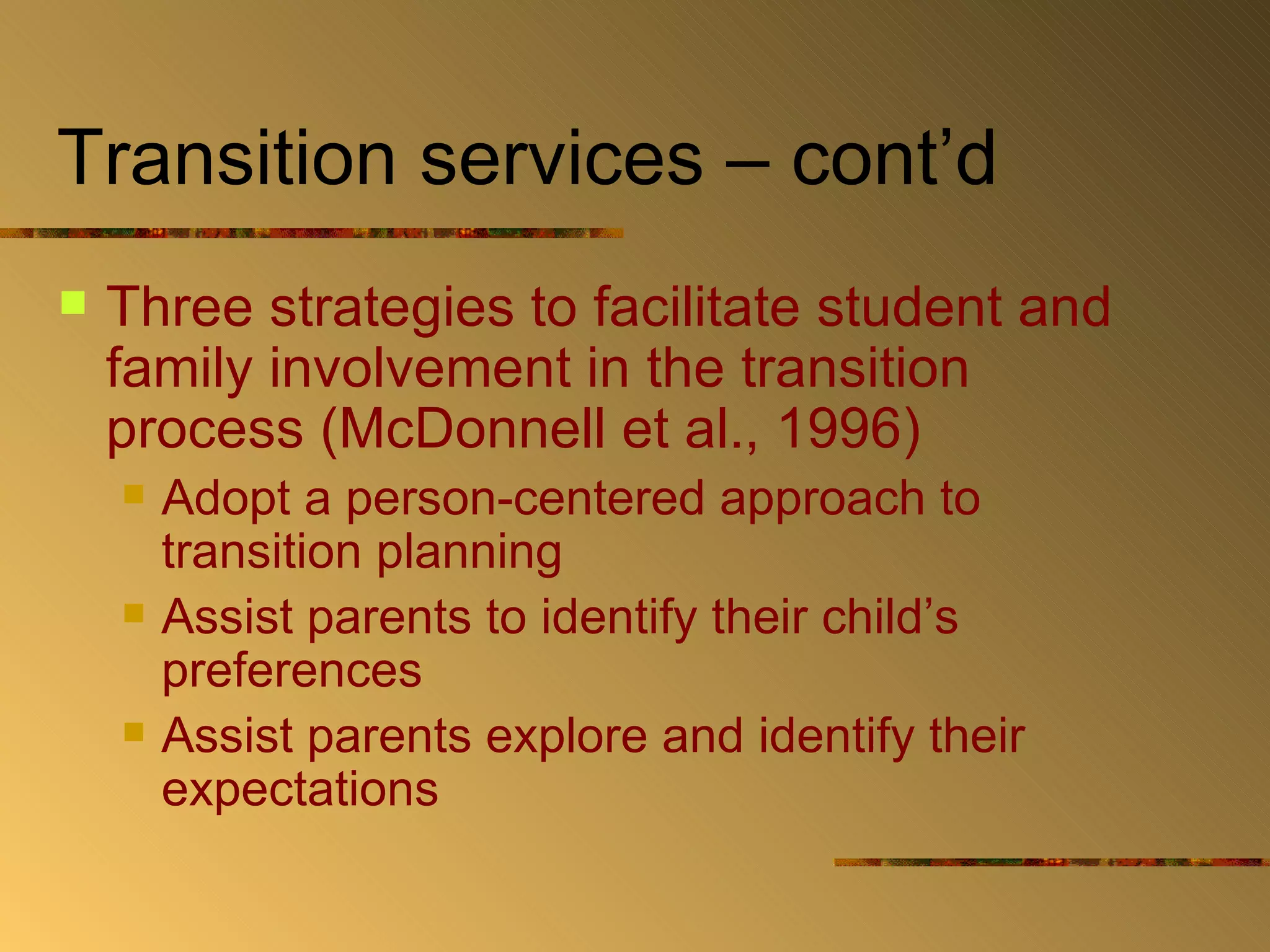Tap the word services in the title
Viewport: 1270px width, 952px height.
(561, 159)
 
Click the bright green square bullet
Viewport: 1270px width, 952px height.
(73, 303)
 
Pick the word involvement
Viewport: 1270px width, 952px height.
(420, 369)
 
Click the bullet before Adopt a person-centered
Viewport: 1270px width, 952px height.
(133, 494)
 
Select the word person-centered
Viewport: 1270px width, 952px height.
(525, 500)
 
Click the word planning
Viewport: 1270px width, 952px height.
(469, 553)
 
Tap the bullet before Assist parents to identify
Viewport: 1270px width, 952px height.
(133, 613)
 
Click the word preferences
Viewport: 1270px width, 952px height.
(291, 671)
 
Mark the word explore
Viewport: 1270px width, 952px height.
(566, 738)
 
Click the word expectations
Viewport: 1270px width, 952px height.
(300, 790)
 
